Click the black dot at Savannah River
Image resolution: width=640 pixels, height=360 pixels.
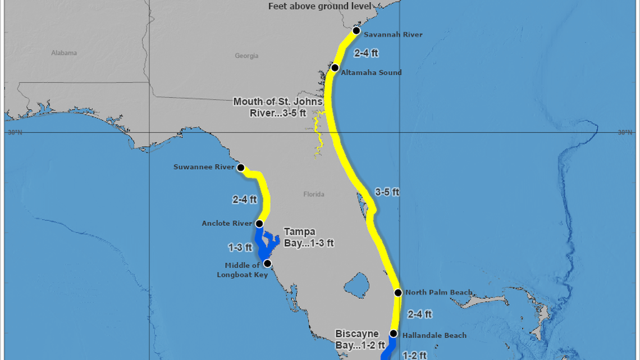pyautogui.click(x=356, y=31)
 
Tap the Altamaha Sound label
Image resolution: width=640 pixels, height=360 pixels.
pyautogui.click(x=371, y=72)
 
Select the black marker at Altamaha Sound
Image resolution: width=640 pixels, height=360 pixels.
pyautogui.click(x=335, y=68)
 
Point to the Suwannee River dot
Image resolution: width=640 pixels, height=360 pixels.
pyautogui.click(x=241, y=167)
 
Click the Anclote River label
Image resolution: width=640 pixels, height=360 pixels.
pyautogui.click(x=227, y=224)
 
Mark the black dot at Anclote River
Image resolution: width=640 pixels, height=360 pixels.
pyautogui.click(x=259, y=224)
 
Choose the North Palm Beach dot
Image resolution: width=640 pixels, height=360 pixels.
pyautogui.click(x=398, y=293)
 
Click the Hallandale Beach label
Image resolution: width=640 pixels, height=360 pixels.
pyautogui.click(x=434, y=335)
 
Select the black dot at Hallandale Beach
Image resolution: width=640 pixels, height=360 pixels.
pyautogui.click(x=394, y=334)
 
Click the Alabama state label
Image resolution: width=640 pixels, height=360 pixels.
pyautogui.click(x=64, y=53)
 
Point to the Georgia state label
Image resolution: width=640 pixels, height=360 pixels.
pyautogui.click(x=246, y=56)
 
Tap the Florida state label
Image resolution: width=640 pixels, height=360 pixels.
pyautogui.click(x=314, y=194)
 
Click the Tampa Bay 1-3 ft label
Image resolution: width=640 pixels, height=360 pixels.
pyautogui.click(x=308, y=238)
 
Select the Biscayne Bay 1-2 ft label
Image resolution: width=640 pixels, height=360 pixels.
pyautogui.click(x=360, y=339)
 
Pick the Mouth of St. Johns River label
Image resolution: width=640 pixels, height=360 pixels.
pyautogui.click(x=278, y=107)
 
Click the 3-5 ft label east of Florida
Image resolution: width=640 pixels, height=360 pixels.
pyautogui.click(x=387, y=192)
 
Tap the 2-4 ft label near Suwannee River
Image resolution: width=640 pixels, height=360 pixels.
pyautogui.click(x=244, y=199)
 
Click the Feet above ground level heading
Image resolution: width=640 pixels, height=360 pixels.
pyautogui.click(x=320, y=6)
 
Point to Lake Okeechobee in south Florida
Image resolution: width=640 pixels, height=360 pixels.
pyautogui.click(x=356, y=285)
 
